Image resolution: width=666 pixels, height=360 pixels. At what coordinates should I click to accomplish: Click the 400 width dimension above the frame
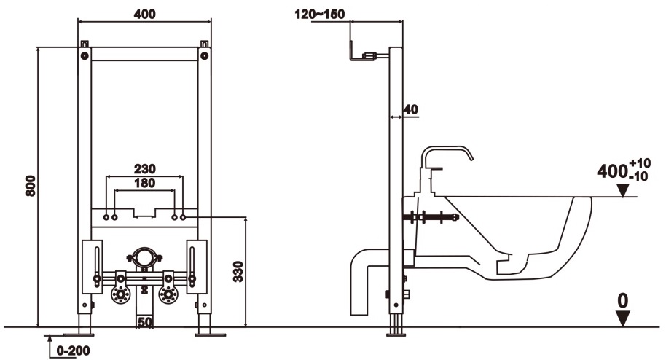click(x=144, y=14)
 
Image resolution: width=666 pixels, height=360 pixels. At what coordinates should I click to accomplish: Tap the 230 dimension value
click(x=144, y=168)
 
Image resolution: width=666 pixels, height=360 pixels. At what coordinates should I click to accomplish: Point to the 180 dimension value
click(x=144, y=183)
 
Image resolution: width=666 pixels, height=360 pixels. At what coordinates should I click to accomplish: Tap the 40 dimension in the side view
click(x=410, y=109)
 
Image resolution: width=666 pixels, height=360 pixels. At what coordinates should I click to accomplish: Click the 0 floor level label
click(x=622, y=300)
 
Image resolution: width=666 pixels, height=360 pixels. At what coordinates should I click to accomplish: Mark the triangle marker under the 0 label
click(x=622, y=318)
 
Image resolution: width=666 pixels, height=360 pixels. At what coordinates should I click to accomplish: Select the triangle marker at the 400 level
click(x=622, y=190)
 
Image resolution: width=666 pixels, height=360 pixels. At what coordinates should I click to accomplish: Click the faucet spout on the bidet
click(x=448, y=152)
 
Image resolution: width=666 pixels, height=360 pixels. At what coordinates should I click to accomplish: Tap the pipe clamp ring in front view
click(x=144, y=257)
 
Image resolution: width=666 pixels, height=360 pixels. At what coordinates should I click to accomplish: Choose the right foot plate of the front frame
click(x=210, y=334)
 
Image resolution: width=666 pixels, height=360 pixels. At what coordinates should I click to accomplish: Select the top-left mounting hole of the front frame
click(x=85, y=54)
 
